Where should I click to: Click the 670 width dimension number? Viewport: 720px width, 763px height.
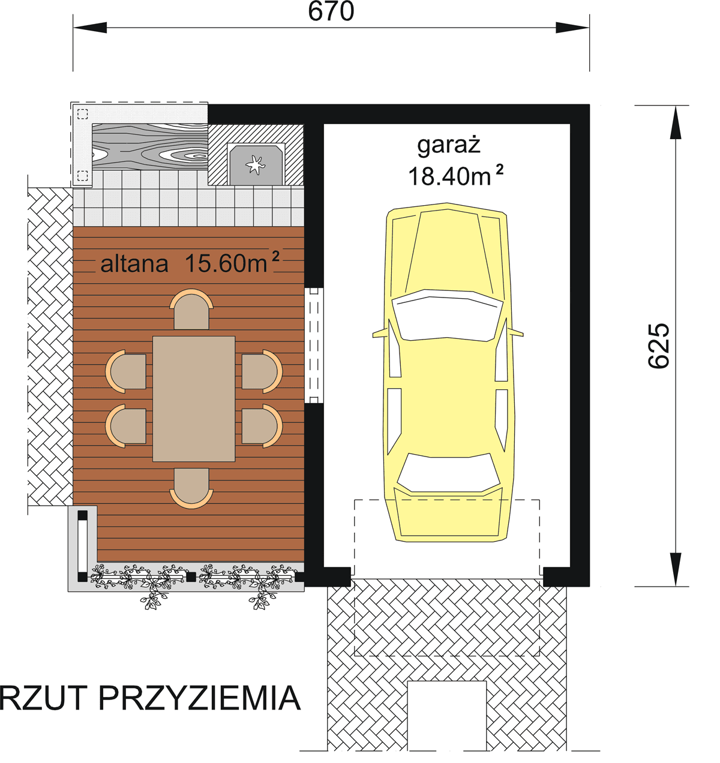(x=331, y=11)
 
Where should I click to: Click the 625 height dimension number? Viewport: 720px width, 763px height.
(x=659, y=346)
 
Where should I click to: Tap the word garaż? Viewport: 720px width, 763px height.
(x=449, y=145)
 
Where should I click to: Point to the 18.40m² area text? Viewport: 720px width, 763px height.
(x=455, y=176)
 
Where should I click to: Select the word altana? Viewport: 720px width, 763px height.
(x=134, y=264)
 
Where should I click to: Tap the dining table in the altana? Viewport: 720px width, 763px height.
(x=194, y=399)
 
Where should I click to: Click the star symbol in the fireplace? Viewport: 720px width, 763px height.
(x=255, y=163)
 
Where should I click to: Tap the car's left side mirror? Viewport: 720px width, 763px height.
(x=379, y=333)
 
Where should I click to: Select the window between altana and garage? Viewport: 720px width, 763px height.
(x=314, y=345)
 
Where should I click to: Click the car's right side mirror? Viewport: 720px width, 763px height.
(x=516, y=333)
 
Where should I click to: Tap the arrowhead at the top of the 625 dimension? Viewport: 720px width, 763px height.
(x=676, y=120)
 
